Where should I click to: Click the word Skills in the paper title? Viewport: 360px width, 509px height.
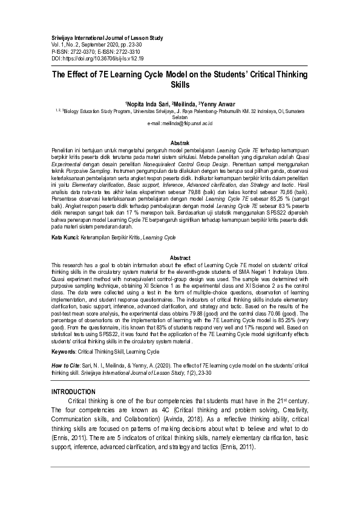tap(179, 86)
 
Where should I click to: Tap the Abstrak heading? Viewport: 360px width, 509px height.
tap(180, 142)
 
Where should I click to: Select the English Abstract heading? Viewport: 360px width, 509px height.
tap(180, 258)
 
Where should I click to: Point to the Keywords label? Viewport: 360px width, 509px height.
tap(67, 351)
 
